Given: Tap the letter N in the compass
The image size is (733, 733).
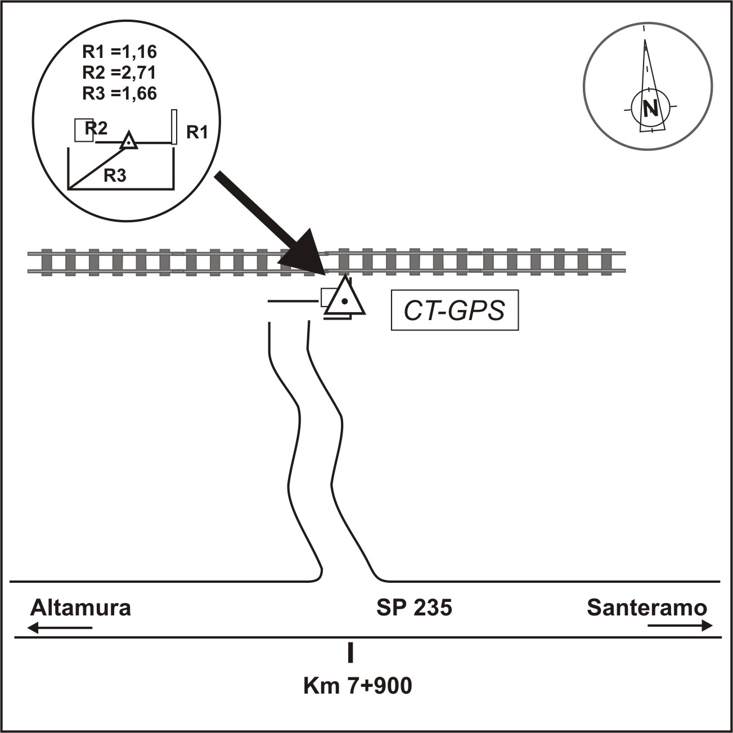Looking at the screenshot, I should [650, 107].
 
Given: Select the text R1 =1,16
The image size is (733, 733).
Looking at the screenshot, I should [119, 52].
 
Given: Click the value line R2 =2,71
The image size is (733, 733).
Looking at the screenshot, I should [119, 73].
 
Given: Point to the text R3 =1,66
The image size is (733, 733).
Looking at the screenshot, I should [119, 93].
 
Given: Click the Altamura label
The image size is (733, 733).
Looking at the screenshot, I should [80, 608].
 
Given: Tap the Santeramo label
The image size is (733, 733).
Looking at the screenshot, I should [647, 608].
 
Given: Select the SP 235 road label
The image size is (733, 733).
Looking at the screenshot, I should [414, 608].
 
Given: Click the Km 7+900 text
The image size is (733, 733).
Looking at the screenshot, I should [357, 686].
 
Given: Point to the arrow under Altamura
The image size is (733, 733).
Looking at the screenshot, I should [60, 627].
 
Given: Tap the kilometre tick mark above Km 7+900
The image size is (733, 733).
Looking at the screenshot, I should [350, 651].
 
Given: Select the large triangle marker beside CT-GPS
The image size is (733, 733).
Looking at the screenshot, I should [344, 299].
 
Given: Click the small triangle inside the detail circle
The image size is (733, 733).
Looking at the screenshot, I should [129, 141].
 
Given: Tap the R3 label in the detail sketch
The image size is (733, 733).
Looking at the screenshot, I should [115, 176].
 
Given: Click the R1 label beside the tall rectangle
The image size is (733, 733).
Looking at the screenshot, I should [197, 133].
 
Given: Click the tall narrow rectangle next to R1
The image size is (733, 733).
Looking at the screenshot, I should [174, 127].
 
